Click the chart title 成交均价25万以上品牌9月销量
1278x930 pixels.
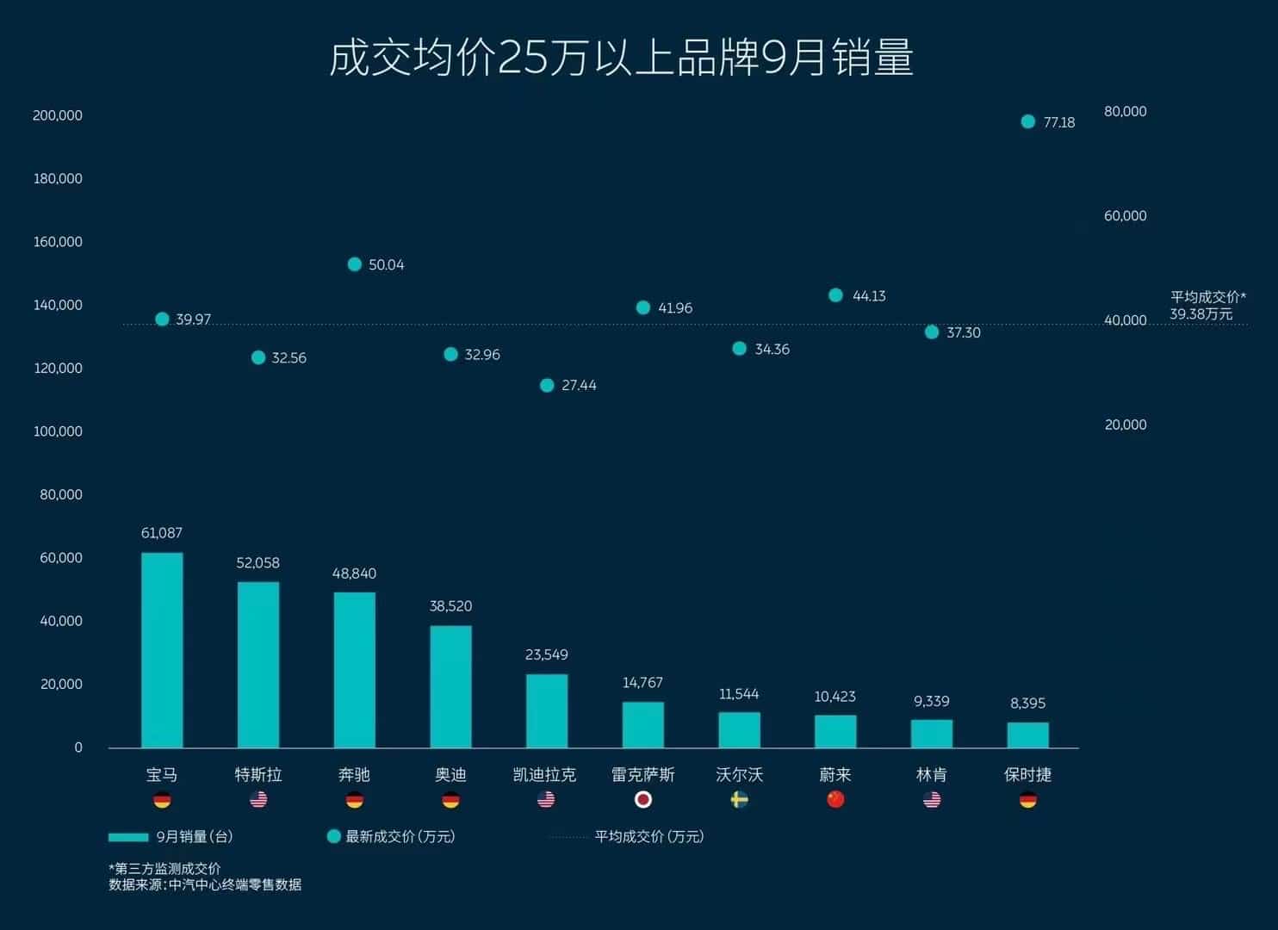621,58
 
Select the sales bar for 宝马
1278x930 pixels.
162,650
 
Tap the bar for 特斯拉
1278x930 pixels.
258,665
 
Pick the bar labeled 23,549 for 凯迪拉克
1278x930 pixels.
547,710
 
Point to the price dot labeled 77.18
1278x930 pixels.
1027,121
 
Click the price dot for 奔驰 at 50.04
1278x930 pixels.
354,264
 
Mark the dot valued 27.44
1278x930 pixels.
547,385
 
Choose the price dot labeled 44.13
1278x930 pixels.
835,295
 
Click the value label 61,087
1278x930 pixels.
162,533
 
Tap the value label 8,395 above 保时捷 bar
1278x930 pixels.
1027,704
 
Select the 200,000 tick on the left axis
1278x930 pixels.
58,115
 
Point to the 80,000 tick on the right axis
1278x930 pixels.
1125,111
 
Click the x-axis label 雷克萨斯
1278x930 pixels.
642,775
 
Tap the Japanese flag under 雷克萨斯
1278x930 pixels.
642,800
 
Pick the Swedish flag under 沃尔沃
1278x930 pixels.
739,800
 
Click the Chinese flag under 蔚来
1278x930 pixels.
835,800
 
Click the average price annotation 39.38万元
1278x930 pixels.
1201,314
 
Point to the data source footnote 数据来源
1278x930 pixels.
205,884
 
